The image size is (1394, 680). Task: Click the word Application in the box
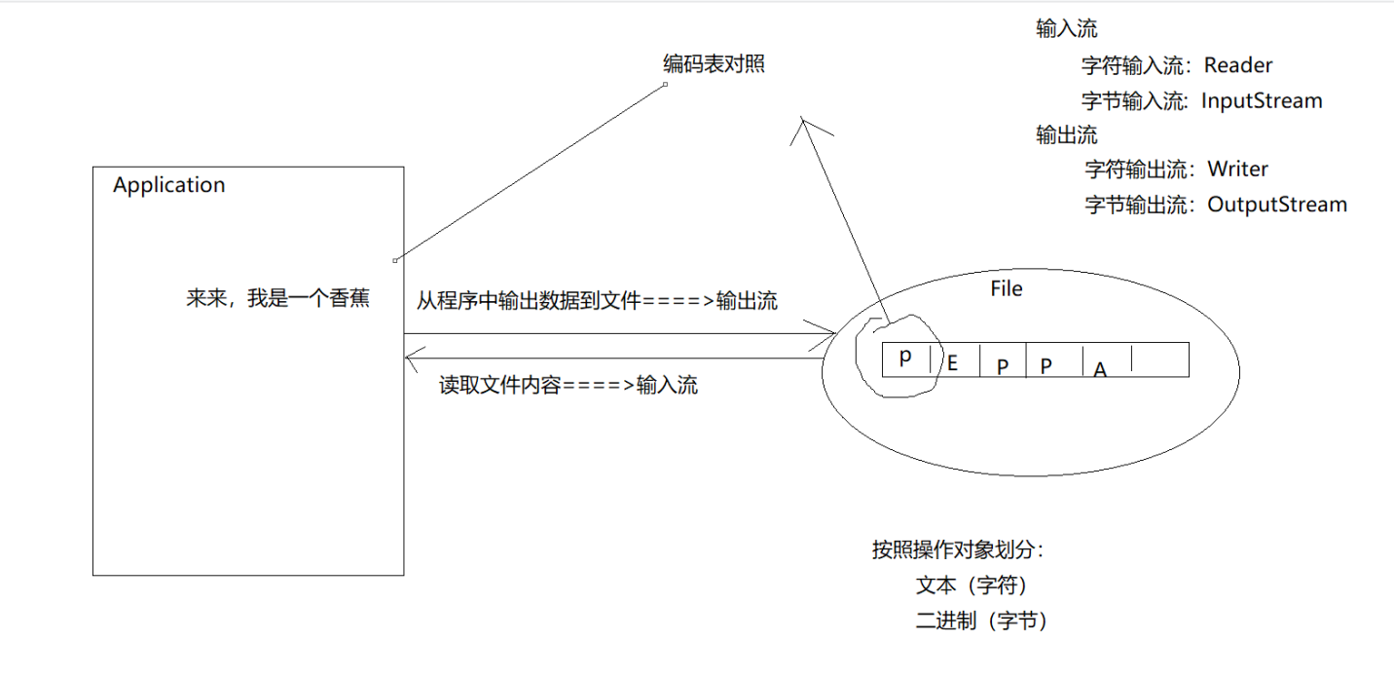tap(168, 185)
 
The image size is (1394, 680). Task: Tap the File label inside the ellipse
tap(1007, 289)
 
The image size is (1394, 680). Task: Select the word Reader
tap(1238, 65)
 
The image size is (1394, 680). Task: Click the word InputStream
tap(1262, 100)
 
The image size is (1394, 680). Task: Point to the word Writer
tap(1238, 169)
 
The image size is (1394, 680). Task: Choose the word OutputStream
tap(1277, 205)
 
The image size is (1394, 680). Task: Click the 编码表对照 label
tap(714, 64)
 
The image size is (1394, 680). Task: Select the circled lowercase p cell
tap(905, 358)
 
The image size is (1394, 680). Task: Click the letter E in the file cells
tap(953, 363)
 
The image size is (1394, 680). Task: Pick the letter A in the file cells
tap(1100, 369)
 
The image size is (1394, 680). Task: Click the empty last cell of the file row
tap(1160, 359)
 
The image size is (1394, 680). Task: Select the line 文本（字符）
tap(972, 586)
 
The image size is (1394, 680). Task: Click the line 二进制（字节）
tap(981, 622)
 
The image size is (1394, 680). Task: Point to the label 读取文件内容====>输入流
tap(568, 385)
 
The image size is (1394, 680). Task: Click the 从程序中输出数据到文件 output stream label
tap(597, 301)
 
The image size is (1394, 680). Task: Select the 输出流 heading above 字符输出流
tap(1067, 134)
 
